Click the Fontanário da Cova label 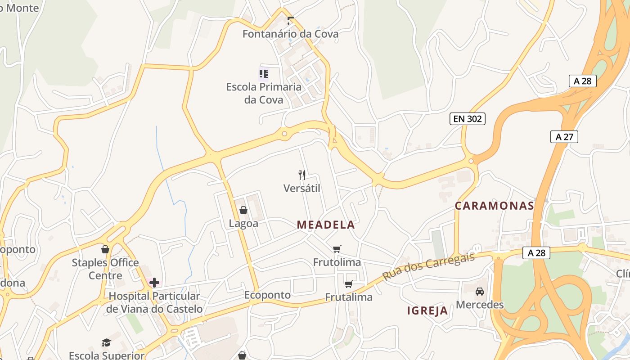[x=290, y=34]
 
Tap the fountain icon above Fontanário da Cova [x=291, y=20]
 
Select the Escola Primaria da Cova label [x=264, y=93]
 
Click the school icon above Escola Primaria [x=264, y=73]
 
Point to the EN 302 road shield [x=467, y=119]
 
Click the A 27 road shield [x=564, y=137]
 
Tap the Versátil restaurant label [x=302, y=188]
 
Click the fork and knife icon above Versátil [x=302, y=175]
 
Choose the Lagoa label [x=243, y=224]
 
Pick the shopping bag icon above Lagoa [x=243, y=210]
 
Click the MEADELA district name [x=326, y=225]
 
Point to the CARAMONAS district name [x=494, y=206]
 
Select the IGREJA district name [x=427, y=310]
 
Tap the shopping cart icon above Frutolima [x=337, y=249]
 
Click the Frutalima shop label [x=349, y=297]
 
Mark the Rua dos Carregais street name [x=428, y=266]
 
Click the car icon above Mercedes [x=480, y=292]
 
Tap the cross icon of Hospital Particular [x=154, y=283]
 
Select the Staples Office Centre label [x=105, y=269]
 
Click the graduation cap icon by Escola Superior [x=106, y=343]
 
